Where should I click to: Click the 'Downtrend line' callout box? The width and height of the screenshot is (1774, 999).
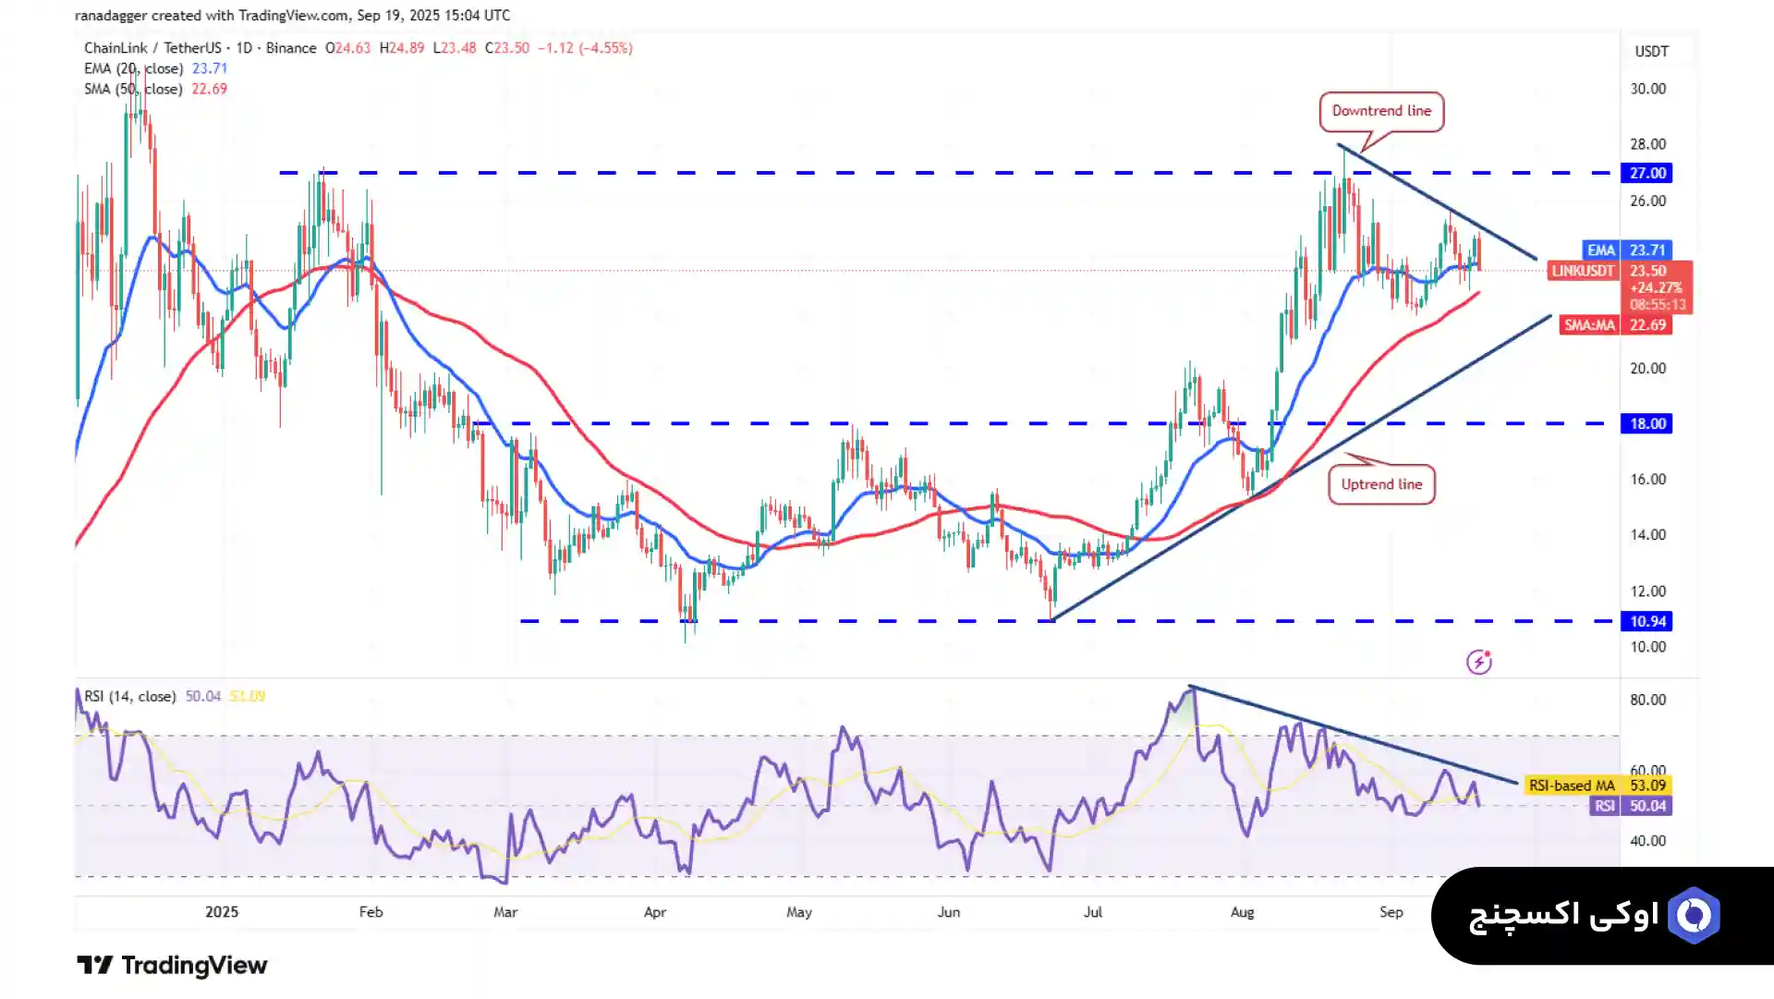1381,112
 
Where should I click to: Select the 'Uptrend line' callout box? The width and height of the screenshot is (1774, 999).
1381,484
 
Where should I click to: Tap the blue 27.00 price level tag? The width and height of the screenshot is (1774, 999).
1646,174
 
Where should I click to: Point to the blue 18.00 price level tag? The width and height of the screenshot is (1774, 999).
1646,424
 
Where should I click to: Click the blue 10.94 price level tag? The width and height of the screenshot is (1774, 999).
1646,622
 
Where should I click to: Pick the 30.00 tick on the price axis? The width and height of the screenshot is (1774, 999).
1647,90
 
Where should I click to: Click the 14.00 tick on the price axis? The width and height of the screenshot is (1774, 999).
1647,535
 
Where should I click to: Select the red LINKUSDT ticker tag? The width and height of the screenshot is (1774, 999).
1583,271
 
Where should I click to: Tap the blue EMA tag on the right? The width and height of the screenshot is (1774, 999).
1600,250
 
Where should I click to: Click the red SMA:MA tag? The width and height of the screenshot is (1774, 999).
1588,325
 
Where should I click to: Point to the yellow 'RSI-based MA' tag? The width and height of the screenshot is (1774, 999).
1571,786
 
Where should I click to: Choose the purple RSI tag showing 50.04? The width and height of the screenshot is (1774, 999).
1604,807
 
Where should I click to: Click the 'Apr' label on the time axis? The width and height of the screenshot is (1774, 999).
655,912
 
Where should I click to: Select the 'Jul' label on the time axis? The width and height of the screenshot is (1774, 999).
1093,912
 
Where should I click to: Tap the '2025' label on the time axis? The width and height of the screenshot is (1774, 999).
222,912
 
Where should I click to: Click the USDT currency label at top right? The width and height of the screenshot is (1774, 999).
1651,52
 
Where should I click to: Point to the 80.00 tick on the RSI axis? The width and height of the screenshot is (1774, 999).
1647,701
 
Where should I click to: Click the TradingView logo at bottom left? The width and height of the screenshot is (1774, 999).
172,966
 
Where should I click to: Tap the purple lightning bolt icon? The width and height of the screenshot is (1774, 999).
1478,662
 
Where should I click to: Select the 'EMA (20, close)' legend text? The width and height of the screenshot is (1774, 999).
133,69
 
